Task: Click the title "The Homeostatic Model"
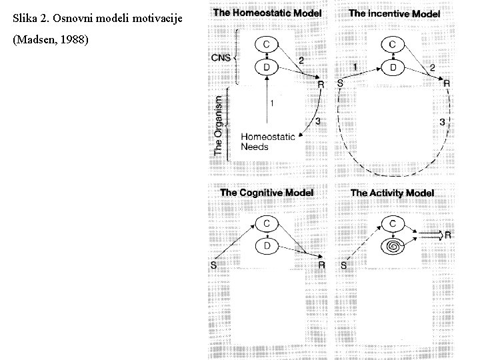tap(267, 13)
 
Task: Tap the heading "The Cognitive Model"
tap(267, 193)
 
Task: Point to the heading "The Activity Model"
tap(392, 193)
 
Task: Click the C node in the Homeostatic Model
tap(267, 43)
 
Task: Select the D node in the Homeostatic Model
tap(267, 67)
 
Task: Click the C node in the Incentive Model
tap(393, 43)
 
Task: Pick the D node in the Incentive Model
tap(393, 67)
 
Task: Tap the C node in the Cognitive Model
tap(267, 223)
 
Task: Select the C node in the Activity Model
tap(393, 223)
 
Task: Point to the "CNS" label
tap(220, 58)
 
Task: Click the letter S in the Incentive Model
tap(341, 83)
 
